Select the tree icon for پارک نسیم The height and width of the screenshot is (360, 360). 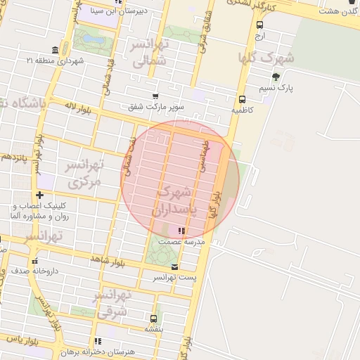(x=275, y=77)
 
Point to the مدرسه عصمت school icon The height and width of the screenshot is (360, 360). (x=181, y=231)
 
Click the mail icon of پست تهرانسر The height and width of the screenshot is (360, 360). (x=174, y=267)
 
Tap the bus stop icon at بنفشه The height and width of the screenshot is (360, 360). (x=154, y=318)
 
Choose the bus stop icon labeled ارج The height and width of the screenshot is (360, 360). (x=260, y=24)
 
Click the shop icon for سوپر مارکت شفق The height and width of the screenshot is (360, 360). (x=155, y=96)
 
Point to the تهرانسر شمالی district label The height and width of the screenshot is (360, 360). (x=150, y=53)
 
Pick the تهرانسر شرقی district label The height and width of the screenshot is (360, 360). (x=112, y=302)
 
